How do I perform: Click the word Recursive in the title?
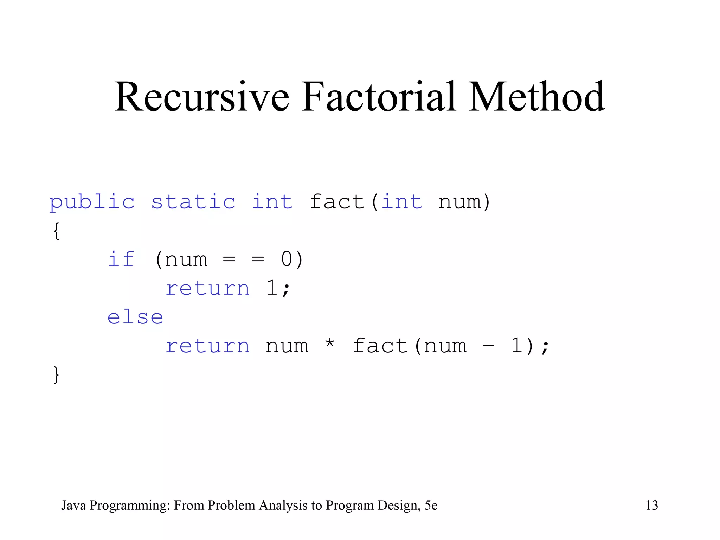[202, 97]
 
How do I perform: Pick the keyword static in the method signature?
[193, 202]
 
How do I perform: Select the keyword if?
[121, 259]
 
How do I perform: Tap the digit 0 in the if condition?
[287, 259]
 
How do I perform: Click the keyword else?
[135, 317]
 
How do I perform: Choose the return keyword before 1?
[207, 288]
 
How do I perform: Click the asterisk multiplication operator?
[329, 343]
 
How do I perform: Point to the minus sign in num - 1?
[488, 346]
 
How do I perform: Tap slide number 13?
[651, 505]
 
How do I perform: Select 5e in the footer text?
[431, 505]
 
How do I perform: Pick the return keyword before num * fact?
[207, 346]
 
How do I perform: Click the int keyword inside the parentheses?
[402, 202]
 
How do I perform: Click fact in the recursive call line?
[380, 346]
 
